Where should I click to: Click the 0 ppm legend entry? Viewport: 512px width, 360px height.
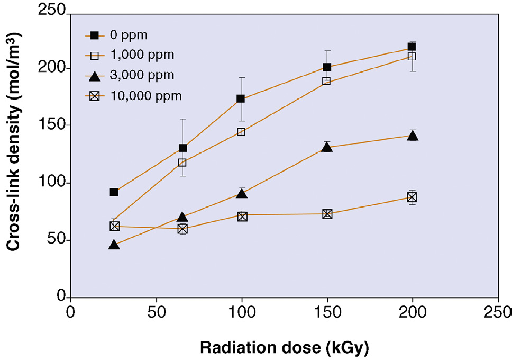(x=129, y=35)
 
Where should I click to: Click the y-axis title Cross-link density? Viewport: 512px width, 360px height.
(x=15, y=154)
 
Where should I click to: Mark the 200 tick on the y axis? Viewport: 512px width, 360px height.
(x=55, y=68)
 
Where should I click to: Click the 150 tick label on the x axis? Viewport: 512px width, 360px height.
(x=327, y=310)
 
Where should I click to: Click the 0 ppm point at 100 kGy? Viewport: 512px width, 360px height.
(x=241, y=98)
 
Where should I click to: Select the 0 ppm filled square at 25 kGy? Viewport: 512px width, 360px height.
(x=114, y=192)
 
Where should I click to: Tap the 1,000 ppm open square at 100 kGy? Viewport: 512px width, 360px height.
(x=241, y=132)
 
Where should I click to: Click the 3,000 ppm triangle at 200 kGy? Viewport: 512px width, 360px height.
(x=413, y=136)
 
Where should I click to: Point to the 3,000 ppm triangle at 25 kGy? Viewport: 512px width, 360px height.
(x=114, y=245)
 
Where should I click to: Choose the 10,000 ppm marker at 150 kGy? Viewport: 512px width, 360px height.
(x=327, y=214)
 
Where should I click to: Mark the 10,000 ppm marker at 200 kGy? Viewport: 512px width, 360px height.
(x=412, y=197)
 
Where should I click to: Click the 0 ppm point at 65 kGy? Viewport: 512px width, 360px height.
(x=183, y=148)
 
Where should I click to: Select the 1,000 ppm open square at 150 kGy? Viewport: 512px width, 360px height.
(x=326, y=81)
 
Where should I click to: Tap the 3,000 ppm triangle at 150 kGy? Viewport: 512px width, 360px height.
(x=327, y=147)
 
